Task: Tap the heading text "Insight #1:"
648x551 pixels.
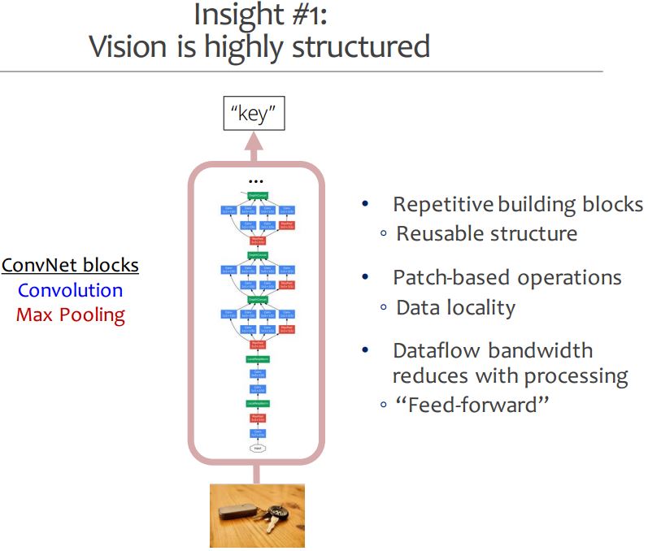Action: [259, 15]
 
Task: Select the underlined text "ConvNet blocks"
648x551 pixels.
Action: [70, 265]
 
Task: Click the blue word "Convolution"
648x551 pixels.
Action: [70, 290]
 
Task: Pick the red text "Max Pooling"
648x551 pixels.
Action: [70, 315]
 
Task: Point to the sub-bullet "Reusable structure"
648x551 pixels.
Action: [486, 233]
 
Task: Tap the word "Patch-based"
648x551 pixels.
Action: [444, 277]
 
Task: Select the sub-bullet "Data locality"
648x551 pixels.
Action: [455, 307]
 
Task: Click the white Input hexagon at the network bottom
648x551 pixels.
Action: [257, 447]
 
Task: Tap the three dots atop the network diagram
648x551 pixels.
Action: [257, 180]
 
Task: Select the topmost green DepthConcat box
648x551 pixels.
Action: [257, 196]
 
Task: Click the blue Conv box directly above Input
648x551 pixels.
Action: [257, 433]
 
